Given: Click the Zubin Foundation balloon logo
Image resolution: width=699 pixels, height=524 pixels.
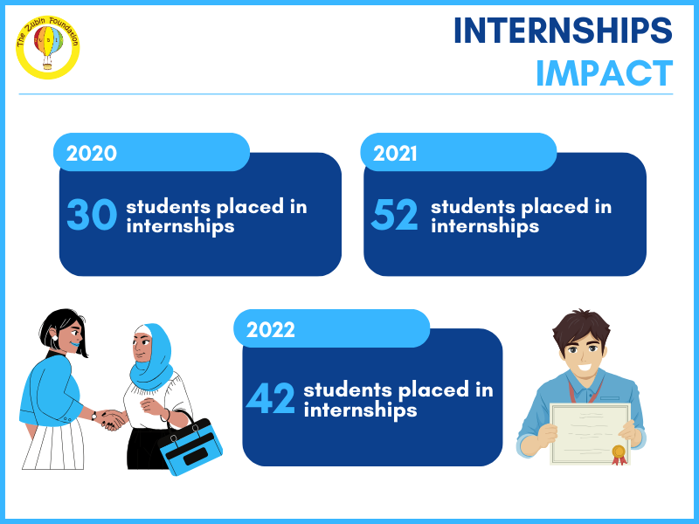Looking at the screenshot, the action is (48, 47).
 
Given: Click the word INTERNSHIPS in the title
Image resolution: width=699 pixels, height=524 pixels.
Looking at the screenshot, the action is (563, 31).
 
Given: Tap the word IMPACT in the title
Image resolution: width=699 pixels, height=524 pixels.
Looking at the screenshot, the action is (604, 73).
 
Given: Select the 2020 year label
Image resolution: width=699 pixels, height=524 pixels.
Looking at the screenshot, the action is (92, 154).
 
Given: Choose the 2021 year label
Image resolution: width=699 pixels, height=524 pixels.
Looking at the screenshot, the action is (395, 154).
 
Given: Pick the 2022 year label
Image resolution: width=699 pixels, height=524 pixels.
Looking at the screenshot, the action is (271, 330).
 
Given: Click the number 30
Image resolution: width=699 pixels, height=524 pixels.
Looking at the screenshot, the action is (92, 214).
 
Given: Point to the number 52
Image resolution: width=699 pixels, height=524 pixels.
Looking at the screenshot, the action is (395, 214).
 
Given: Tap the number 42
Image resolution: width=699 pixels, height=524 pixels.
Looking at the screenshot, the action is (271, 398).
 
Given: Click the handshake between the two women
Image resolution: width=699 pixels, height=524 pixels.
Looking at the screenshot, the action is (110, 419).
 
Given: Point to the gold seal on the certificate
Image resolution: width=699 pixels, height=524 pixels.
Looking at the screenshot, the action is (619, 454).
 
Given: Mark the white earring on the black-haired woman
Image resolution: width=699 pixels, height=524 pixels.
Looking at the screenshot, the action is (55, 338).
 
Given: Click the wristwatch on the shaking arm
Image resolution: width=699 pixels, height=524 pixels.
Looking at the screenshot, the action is (94, 416).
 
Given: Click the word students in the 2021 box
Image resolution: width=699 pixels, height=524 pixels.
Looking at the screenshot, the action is (473, 207).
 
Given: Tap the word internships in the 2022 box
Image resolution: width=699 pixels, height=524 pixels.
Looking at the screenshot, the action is (360, 410).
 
